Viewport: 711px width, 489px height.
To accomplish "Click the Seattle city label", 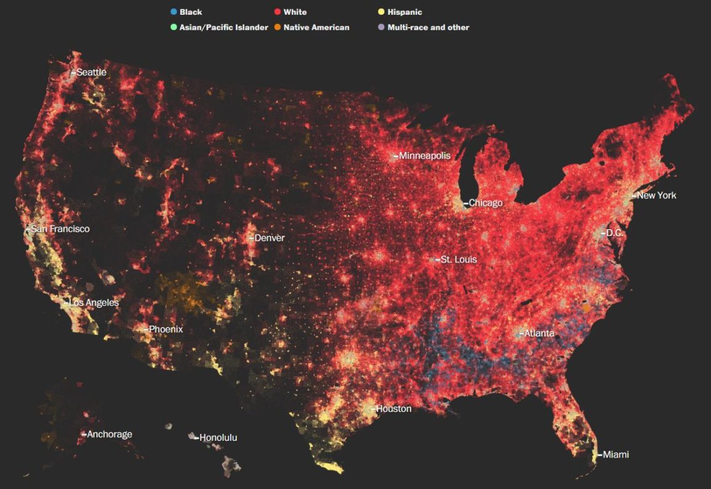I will point(91,72).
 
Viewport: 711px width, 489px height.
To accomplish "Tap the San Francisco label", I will point(60,229).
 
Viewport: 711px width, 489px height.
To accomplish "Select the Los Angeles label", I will point(94,303).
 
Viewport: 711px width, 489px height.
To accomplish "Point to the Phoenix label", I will point(166,330).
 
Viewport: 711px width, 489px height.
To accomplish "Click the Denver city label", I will point(269,238).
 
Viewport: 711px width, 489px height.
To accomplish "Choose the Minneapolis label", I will point(425,156).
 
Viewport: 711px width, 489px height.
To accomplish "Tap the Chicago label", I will point(486,203).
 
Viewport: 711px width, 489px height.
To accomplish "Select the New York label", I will point(656,196).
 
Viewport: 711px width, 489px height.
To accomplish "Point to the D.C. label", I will point(615,233).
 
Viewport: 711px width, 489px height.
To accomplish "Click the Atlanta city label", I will point(539,333).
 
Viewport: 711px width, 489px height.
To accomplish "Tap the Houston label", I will point(393,409).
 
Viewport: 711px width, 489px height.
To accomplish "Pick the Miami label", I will point(615,455).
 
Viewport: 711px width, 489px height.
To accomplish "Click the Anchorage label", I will point(109,435).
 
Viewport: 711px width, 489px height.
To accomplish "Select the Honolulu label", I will point(218,438).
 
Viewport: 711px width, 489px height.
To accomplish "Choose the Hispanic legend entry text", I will point(405,12).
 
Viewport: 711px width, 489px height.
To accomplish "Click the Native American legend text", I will point(316,27).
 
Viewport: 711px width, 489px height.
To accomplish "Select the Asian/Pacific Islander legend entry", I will point(223,27).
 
